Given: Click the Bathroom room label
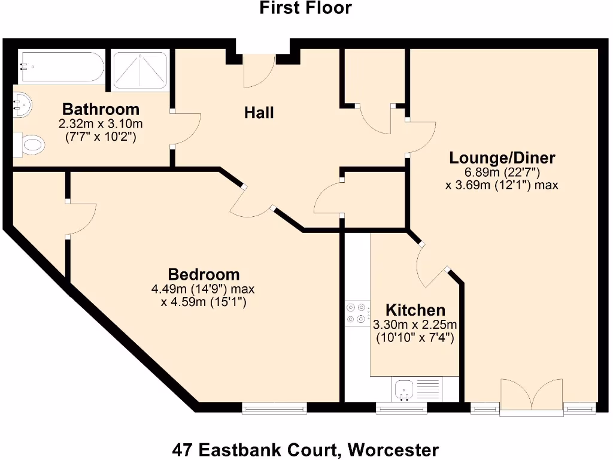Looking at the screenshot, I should coord(101,110).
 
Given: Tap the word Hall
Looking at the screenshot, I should coord(259,113).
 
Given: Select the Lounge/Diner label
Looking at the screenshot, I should coord(502,158).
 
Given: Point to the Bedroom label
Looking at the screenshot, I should coord(204,275).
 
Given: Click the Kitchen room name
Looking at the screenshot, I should coord(415,310).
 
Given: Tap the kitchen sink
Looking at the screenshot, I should coord(405,389).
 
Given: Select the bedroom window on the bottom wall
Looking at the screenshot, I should coord(275,408).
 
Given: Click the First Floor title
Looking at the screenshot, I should coord(305,8).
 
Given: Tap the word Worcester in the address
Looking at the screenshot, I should coord(394,449).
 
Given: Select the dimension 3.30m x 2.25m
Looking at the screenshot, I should coord(415,325).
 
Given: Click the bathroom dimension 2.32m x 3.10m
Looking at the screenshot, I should coord(101,124).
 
